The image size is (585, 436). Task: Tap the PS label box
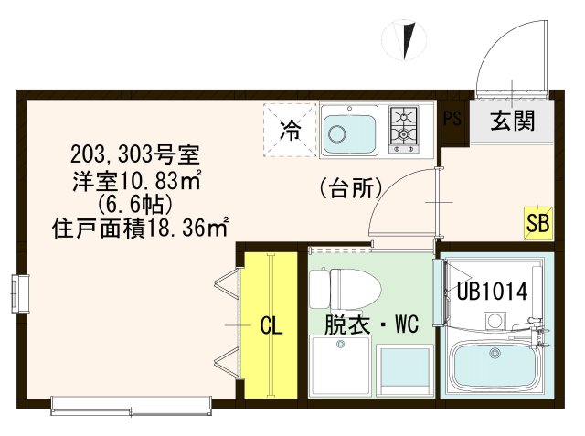(x=452, y=119)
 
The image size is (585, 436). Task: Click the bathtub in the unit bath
(x=494, y=367)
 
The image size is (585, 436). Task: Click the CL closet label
(x=271, y=325)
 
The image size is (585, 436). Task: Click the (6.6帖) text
(x=137, y=202)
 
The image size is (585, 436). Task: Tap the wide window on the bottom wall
(x=133, y=402)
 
